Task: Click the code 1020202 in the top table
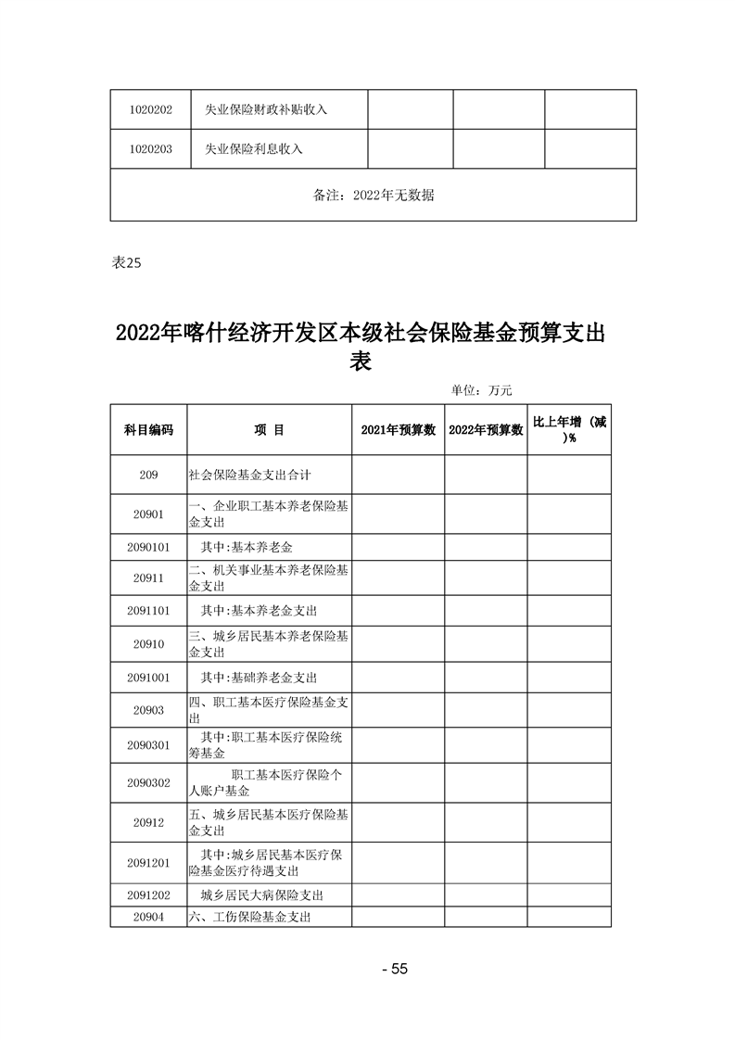point(151,109)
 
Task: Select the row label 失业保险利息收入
point(253,148)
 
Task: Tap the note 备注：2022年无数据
point(374,196)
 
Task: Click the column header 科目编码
point(148,429)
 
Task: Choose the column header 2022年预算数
point(486,429)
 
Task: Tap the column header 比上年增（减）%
point(569,429)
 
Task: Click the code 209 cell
point(148,475)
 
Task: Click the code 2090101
point(148,547)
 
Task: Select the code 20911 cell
point(148,577)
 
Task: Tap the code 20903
point(148,710)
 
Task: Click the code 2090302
point(148,782)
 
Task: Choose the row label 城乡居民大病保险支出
point(261,895)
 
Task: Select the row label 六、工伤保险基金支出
point(248,917)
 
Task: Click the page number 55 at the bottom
point(395,969)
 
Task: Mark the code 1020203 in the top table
point(151,148)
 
